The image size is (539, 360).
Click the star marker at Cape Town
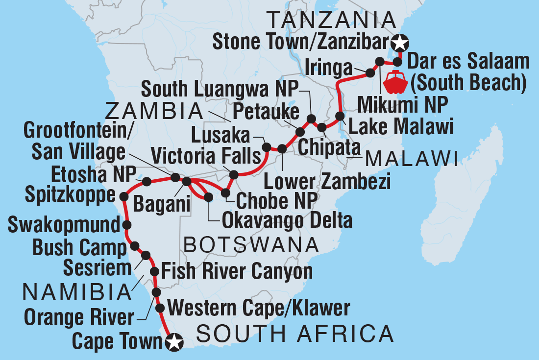[174, 342]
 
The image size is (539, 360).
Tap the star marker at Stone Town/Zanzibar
[401, 43]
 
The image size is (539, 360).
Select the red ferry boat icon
[395, 83]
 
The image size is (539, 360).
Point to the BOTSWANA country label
[248, 243]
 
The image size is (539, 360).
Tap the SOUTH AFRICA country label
[295, 334]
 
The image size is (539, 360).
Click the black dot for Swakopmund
[127, 225]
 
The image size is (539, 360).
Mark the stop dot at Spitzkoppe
[123, 196]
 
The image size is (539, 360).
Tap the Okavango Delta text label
[287, 221]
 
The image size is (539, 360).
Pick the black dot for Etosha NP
[146, 182]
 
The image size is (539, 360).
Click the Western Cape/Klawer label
[259, 308]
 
